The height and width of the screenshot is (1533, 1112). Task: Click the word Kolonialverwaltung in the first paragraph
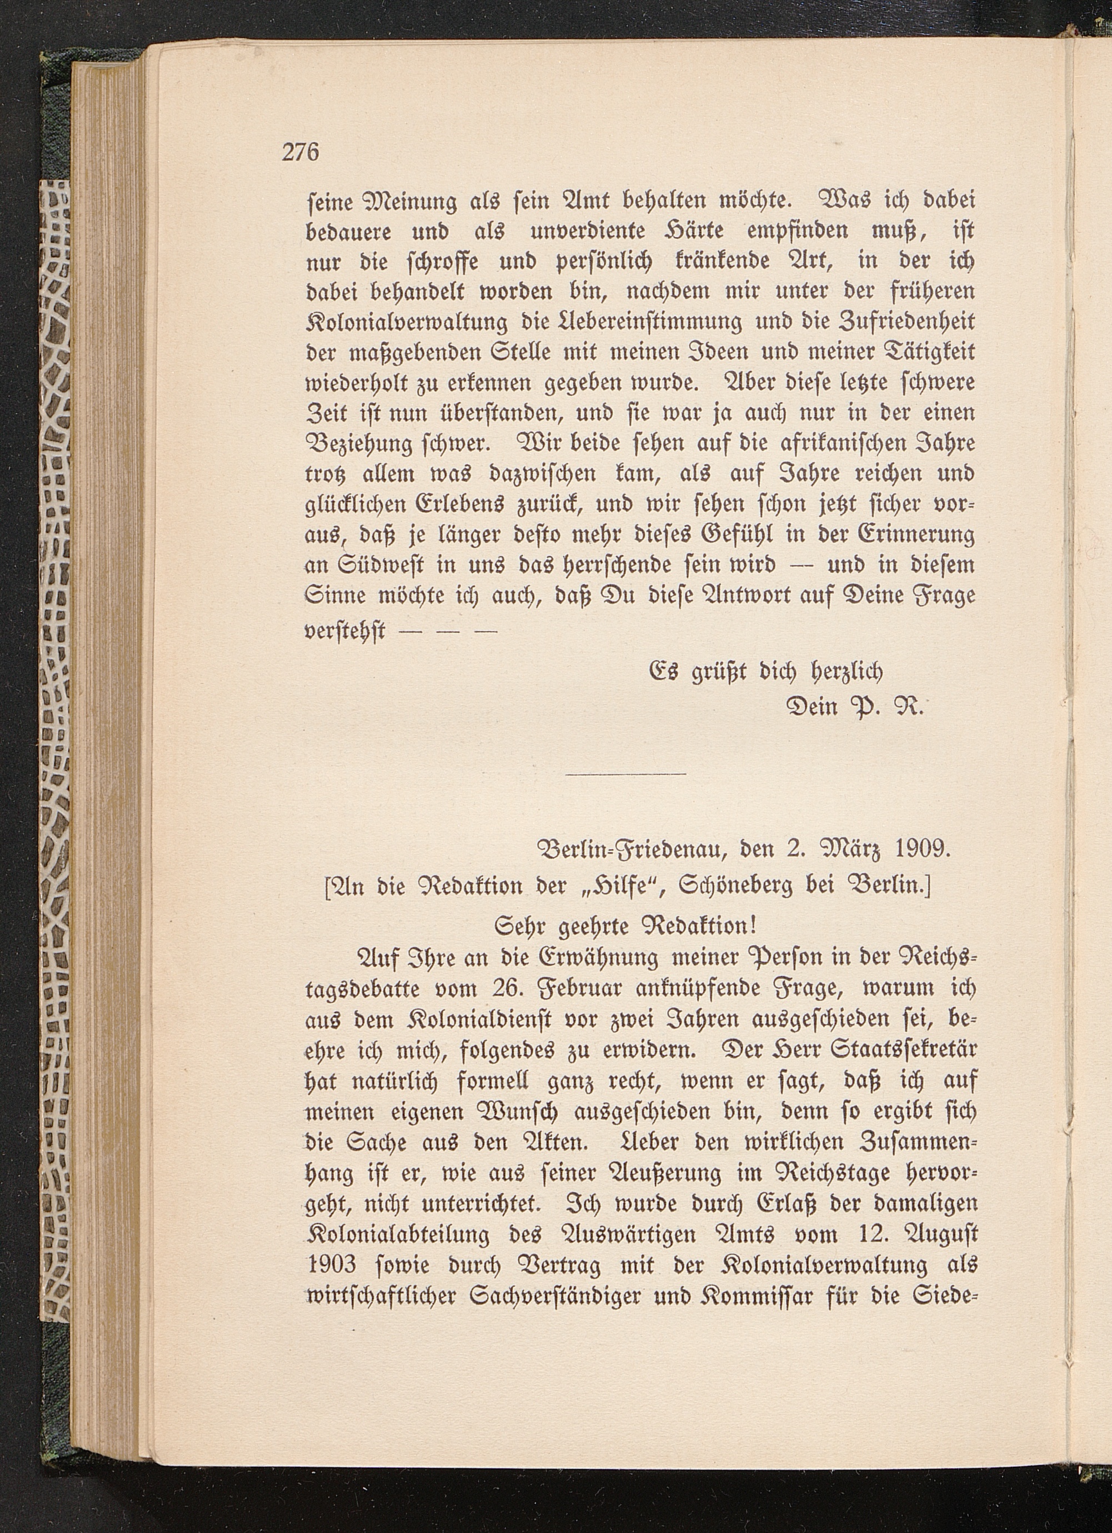click(x=407, y=322)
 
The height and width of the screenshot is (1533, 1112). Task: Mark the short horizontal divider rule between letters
click(x=625, y=772)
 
